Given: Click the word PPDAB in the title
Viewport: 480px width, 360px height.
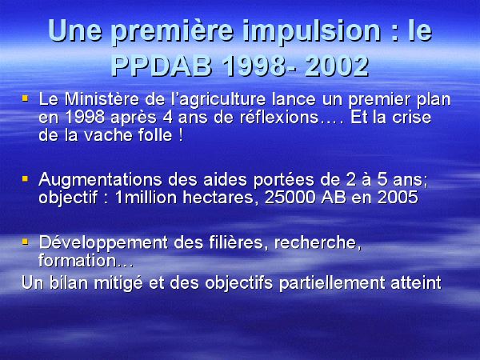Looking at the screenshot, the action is [x=162, y=66].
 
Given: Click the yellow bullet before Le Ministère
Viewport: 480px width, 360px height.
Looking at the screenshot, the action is [x=25, y=98].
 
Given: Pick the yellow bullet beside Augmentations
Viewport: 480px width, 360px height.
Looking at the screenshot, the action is [x=25, y=178].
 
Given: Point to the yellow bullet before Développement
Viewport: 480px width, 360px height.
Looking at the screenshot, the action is [x=25, y=242].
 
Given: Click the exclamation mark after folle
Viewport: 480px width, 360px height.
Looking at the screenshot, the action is [x=181, y=135].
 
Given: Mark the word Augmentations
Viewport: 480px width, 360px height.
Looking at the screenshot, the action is [x=100, y=180].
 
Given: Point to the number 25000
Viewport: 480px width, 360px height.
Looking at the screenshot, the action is [x=290, y=198].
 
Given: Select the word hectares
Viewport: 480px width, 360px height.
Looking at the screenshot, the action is [x=218, y=198].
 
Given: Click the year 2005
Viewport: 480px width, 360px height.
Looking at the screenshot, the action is [x=398, y=198].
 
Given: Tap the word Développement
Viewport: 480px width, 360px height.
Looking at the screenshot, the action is [x=103, y=243].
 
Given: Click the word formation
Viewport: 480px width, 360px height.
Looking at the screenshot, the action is [x=78, y=261].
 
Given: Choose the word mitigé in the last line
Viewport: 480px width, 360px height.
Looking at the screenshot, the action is [x=118, y=283].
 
